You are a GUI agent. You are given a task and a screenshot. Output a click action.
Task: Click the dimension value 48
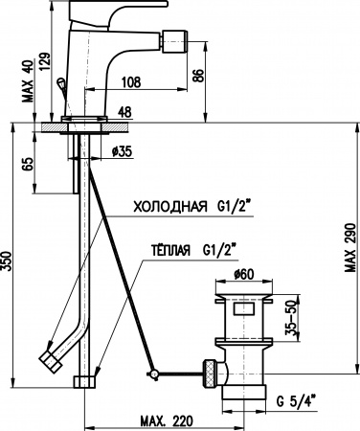coord(124,111)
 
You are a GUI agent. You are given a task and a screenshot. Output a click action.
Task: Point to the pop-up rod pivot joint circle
coord(151,372)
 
